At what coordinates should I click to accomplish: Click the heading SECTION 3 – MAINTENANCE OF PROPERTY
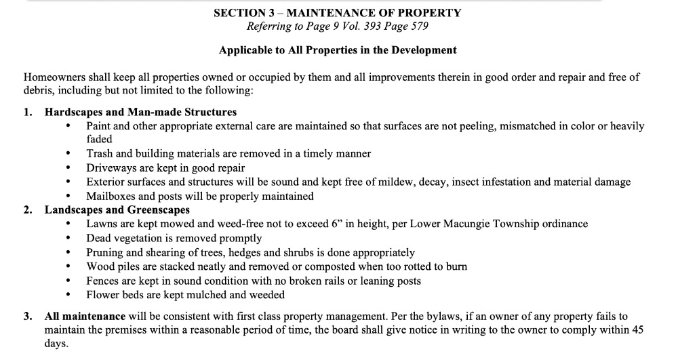click(337, 13)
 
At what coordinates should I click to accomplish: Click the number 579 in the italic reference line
click(415, 26)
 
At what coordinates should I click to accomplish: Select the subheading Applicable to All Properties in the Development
click(338, 50)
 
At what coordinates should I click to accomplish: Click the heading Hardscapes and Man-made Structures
click(140, 112)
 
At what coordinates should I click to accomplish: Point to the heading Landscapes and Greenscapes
click(117, 210)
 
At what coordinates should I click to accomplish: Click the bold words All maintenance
click(85, 316)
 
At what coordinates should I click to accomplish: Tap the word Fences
click(102, 281)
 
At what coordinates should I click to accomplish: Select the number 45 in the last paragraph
click(637, 330)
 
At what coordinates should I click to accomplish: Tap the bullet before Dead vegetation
click(68, 239)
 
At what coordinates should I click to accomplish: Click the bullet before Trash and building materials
click(68, 154)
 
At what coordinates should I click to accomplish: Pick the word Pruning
click(105, 252)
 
